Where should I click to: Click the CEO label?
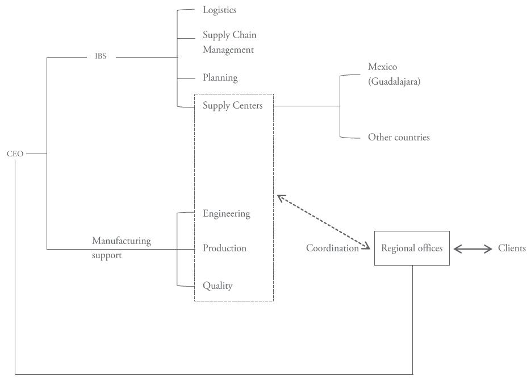coord(15,154)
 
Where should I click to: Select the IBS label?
coord(101,57)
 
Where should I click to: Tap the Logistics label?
coord(219,10)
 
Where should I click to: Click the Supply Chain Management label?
coord(229,43)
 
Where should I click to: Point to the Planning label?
coord(220,78)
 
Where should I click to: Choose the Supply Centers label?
coord(233,106)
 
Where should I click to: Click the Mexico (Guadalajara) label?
coord(394,74)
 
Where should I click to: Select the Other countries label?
coord(399,137)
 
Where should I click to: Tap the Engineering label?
coord(226,214)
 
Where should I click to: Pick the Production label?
coord(224,249)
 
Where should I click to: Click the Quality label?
coord(218,286)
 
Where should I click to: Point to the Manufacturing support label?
coord(122,248)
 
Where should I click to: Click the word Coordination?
coord(332,248)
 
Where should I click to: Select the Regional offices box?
coord(412,248)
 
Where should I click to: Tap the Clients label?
coord(512,248)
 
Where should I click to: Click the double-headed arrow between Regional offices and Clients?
coord(473,249)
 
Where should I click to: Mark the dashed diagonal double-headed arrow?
coord(324,222)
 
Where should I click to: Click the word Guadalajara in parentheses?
coord(394,82)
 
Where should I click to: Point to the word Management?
coord(228,50)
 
